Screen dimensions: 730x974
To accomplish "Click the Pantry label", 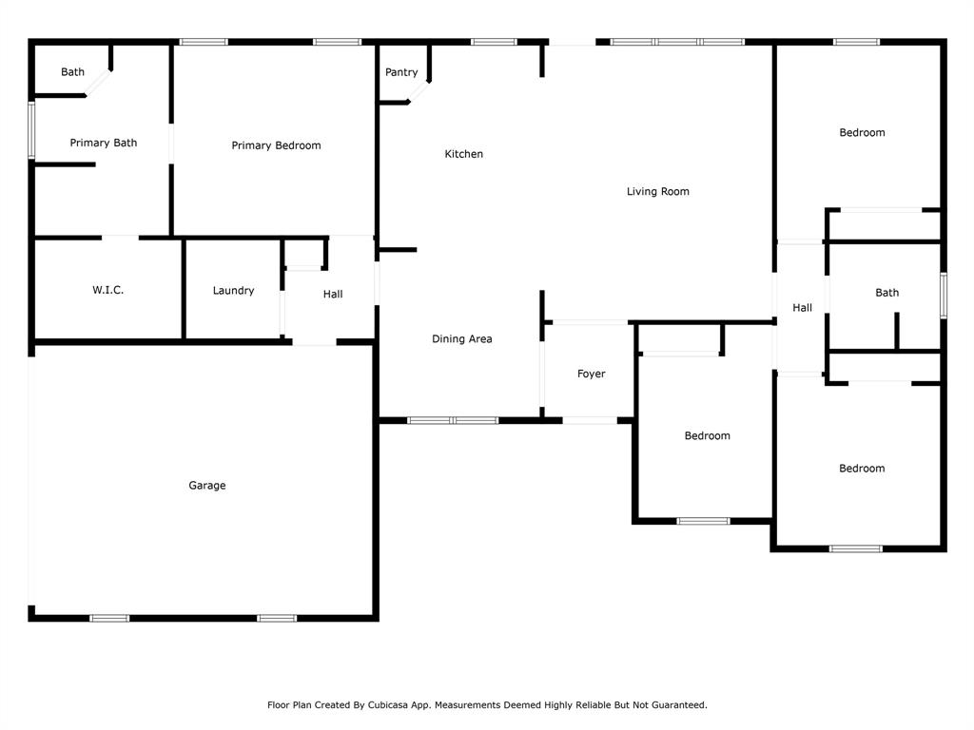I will [401, 72].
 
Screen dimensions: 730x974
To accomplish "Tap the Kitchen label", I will [464, 154].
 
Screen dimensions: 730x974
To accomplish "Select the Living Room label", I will [657, 192].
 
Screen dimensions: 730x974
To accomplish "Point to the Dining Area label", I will [461, 339].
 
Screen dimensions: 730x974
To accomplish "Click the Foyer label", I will [592, 375].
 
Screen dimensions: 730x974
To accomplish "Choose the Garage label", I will [206, 486].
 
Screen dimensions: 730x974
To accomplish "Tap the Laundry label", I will [233, 291].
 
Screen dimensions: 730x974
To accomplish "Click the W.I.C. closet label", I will [107, 290].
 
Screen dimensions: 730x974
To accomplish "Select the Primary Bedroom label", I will [276, 145].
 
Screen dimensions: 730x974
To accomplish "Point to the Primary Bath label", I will [104, 143].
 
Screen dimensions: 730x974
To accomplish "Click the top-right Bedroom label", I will [862, 133].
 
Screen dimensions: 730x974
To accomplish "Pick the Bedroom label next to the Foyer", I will [708, 436].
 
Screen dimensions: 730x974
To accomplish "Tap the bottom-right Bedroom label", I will [862, 469].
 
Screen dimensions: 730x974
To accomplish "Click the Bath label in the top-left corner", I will [72, 72].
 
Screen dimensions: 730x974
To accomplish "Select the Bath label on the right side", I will [886, 293].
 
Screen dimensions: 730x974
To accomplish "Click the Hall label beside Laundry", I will [333, 295].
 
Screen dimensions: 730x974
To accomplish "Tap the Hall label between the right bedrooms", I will [803, 308].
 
